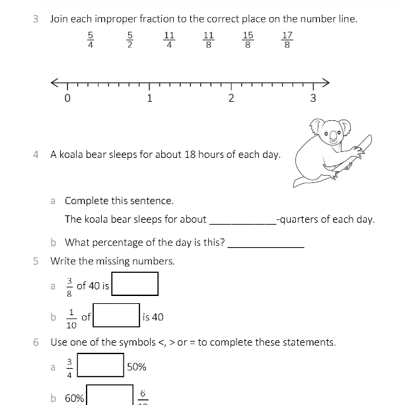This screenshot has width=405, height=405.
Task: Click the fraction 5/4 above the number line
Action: (91, 40)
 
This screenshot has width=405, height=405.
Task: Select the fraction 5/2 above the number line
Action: (130, 40)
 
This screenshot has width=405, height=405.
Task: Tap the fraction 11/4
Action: (169, 40)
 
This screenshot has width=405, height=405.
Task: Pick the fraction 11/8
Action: (209, 40)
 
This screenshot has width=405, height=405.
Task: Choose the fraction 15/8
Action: (248, 40)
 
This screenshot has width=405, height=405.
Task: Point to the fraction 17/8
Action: (287, 40)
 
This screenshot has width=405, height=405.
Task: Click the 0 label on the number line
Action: (67, 99)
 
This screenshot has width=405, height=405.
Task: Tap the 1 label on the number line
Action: (149, 99)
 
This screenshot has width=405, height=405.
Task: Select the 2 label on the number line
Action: (231, 99)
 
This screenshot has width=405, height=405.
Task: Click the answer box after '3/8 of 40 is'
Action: (135, 284)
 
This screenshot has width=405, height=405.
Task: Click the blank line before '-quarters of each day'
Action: (242, 221)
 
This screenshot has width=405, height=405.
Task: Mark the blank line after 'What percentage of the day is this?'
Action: (266, 243)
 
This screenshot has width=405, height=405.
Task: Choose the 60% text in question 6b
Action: (74, 398)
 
